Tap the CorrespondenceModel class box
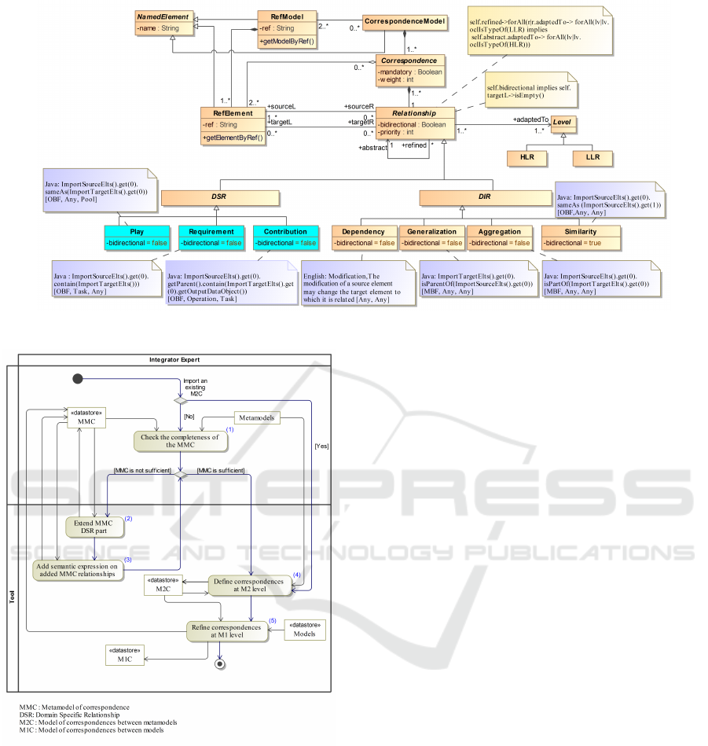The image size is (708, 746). point(405,20)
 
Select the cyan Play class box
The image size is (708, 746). point(138,237)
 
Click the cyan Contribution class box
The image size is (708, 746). point(285,237)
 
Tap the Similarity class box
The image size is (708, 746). point(580,237)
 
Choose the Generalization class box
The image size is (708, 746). point(431,237)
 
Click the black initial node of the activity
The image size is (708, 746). point(77,380)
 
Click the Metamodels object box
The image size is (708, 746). point(258,418)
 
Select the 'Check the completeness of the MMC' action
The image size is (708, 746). point(180,441)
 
